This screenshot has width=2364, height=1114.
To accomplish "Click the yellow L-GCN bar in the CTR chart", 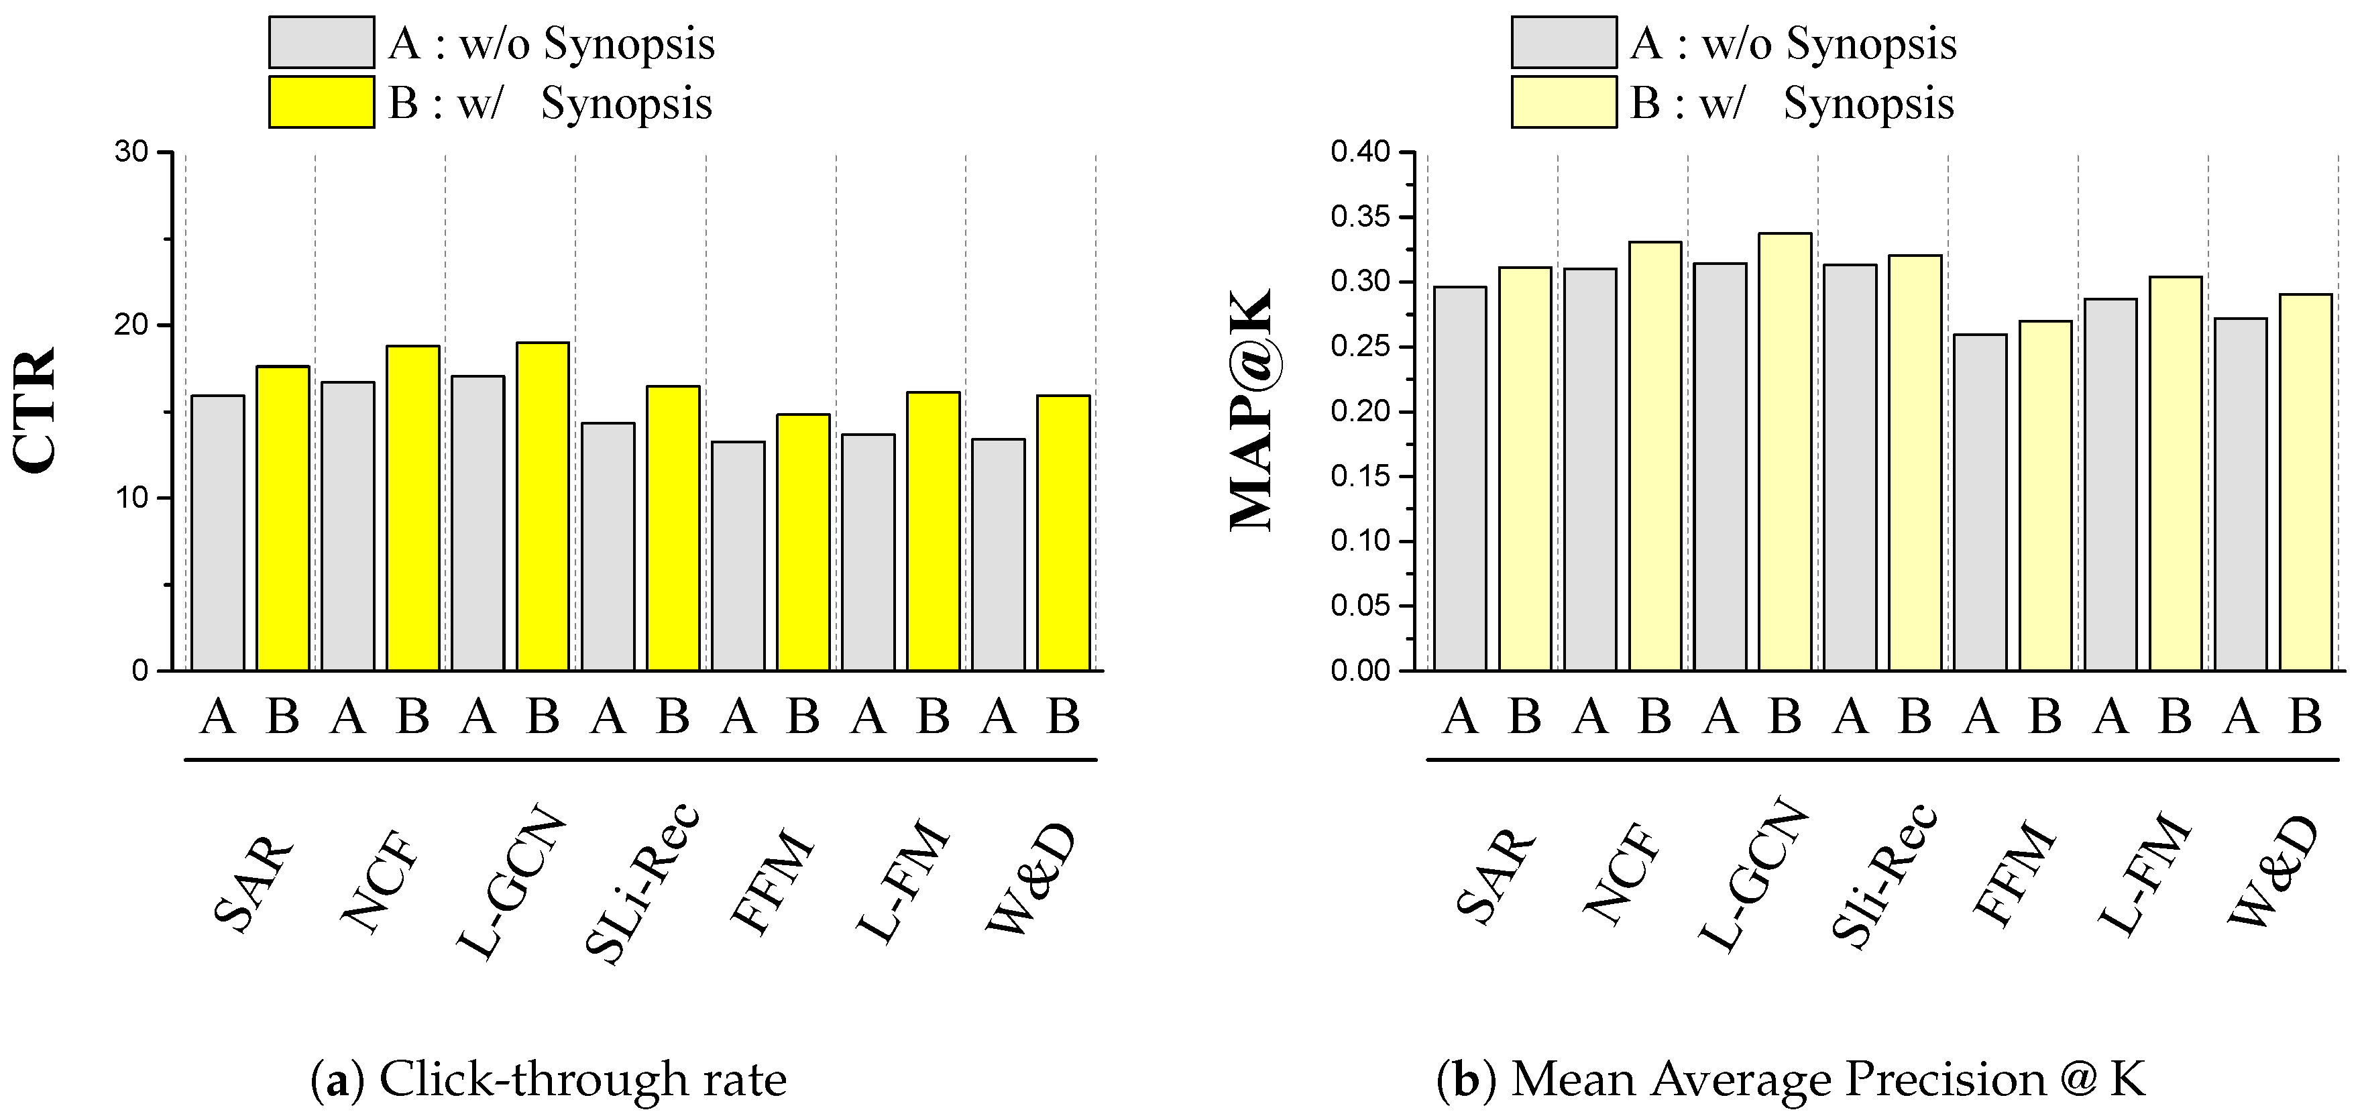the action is click(543, 506).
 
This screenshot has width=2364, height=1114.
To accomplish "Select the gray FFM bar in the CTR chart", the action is click(739, 556).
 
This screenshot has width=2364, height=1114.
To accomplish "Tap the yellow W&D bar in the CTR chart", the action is click(1064, 533).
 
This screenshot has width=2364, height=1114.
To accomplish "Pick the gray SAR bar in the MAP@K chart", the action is click(1460, 479).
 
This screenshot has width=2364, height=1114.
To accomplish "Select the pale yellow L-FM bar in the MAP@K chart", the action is click(2176, 474).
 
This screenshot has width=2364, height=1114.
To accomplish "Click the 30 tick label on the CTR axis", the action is click(132, 152).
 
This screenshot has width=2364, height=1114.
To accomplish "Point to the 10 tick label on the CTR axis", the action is click(132, 498).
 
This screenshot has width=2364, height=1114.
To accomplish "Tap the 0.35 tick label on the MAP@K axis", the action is click(1360, 217).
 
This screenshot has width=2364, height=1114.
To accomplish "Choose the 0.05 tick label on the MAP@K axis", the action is click(1360, 606).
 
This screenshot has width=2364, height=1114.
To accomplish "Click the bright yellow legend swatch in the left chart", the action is click(321, 102).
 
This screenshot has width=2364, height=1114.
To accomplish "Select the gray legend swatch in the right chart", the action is click(1565, 42).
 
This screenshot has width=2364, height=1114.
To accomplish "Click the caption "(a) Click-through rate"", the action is click(549, 1079).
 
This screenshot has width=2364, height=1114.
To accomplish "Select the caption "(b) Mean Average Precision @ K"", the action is click(1791, 1079).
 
